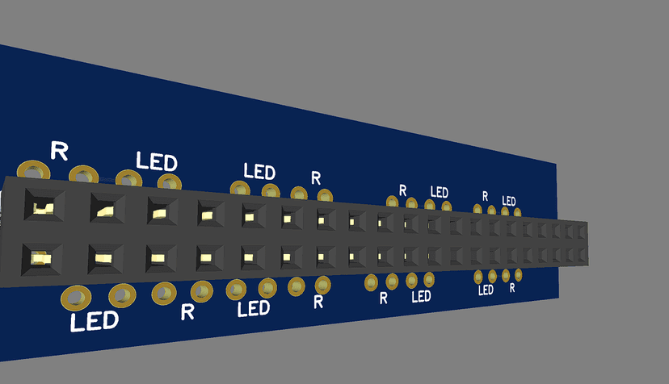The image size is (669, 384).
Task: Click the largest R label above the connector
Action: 59,150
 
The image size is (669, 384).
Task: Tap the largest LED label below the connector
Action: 95,322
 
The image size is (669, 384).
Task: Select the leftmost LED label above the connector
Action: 157,160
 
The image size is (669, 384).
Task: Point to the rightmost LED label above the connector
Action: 509,200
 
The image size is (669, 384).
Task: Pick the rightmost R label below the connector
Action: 512,287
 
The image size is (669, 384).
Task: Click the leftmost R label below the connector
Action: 187,311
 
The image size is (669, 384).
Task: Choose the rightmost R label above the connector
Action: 485,196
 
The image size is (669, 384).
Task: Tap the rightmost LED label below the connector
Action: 486,290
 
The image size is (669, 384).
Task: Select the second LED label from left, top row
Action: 259,172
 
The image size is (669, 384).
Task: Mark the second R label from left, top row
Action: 316,177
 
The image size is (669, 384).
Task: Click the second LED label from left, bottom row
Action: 253,309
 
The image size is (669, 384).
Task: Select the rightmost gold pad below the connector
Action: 518,275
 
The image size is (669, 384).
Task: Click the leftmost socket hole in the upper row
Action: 41,207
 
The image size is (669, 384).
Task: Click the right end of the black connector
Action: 587,241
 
